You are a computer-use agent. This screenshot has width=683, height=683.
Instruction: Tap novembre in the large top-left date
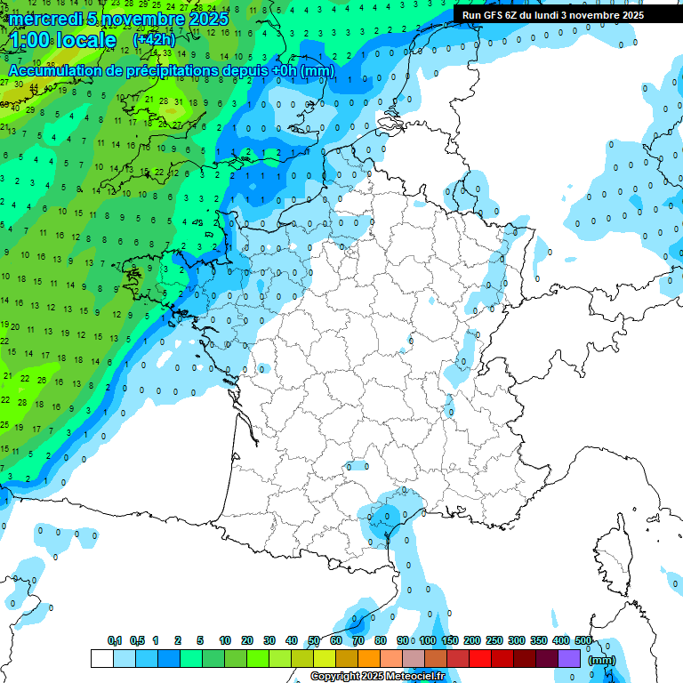click(141, 19)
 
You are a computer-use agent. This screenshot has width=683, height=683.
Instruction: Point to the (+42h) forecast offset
click(154, 41)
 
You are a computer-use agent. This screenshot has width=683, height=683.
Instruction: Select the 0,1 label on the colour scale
click(114, 640)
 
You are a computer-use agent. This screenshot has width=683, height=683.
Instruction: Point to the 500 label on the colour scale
click(583, 640)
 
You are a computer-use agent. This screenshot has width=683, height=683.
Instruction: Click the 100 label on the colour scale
click(428, 640)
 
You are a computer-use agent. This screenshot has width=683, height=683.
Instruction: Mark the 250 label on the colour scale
click(494, 640)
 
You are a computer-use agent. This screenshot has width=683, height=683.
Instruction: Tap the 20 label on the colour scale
click(247, 640)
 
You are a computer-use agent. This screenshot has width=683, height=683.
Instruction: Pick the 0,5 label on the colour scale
click(137, 640)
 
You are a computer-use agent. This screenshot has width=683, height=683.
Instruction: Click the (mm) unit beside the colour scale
click(602, 660)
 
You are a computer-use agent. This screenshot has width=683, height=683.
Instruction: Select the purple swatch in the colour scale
click(569, 658)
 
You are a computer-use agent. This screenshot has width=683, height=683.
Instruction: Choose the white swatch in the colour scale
click(101, 658)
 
